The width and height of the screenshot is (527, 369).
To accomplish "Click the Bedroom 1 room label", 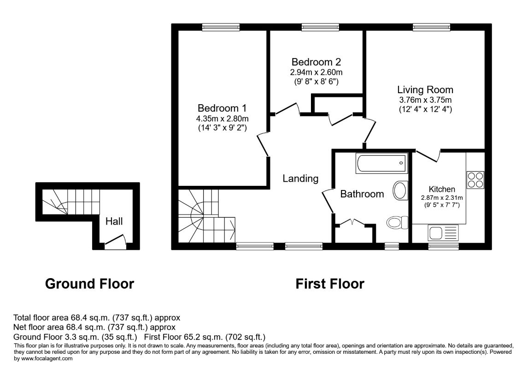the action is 222,108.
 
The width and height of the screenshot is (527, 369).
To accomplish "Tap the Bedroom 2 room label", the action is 316,62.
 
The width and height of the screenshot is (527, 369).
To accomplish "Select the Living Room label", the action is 425,89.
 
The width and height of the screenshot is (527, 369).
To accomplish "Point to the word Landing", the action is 300,179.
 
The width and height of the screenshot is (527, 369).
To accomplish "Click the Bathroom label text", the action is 362,194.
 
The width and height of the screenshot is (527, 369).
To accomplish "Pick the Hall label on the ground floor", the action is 114,221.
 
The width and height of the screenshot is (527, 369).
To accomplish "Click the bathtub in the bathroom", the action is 381,163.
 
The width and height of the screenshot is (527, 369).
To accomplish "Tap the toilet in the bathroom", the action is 397,222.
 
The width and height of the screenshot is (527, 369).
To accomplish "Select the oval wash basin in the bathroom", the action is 400,190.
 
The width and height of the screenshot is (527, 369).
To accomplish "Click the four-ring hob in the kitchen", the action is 475,179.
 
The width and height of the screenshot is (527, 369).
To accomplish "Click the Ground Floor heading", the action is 89,284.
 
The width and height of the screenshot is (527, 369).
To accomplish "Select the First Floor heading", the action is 330,284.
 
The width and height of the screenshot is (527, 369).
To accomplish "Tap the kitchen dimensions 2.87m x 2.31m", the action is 442,198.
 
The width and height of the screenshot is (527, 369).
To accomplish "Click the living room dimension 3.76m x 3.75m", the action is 425,100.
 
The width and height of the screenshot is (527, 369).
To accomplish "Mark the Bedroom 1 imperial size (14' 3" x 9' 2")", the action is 222,128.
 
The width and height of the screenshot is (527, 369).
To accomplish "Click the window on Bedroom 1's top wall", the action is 221,27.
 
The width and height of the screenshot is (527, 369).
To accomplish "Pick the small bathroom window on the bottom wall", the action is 392,246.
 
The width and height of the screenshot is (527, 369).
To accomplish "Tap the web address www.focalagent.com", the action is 47,358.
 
